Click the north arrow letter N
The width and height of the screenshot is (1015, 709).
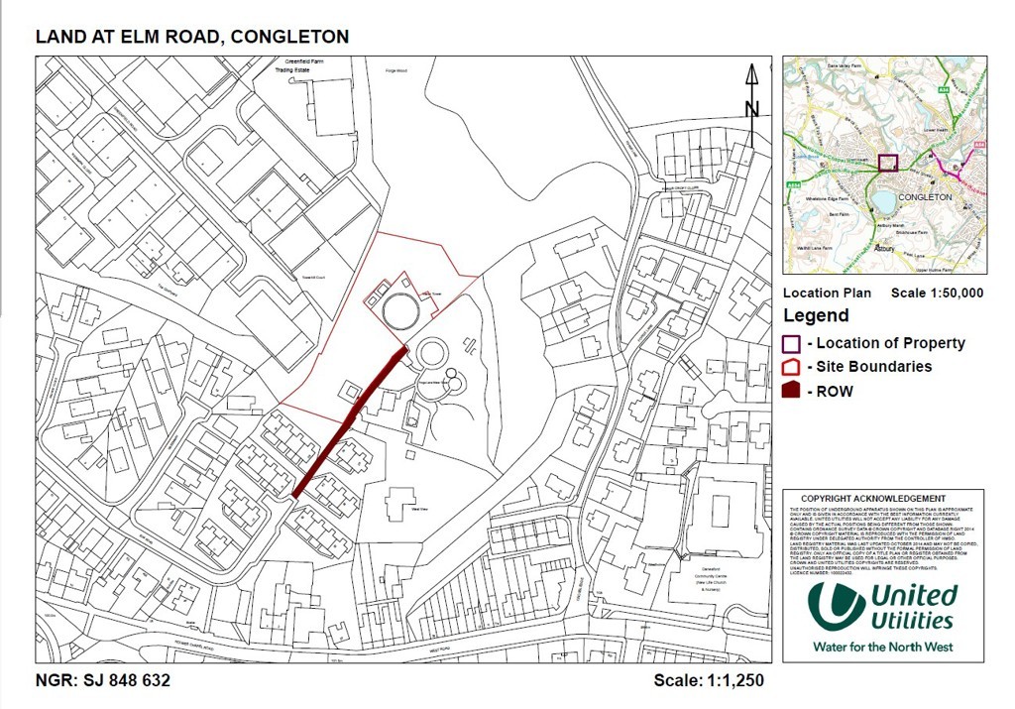coord(751,109)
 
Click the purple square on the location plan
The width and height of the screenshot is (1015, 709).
coord(887,165)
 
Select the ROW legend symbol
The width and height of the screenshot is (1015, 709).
coord(791,391)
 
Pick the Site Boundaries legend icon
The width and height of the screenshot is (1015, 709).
coord(791,367)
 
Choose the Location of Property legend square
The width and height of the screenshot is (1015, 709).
coord(791,343)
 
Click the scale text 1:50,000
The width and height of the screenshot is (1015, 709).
coord(954,294)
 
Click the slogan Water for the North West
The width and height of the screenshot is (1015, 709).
coord(882,647)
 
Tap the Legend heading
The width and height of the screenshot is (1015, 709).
coord(816,316)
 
